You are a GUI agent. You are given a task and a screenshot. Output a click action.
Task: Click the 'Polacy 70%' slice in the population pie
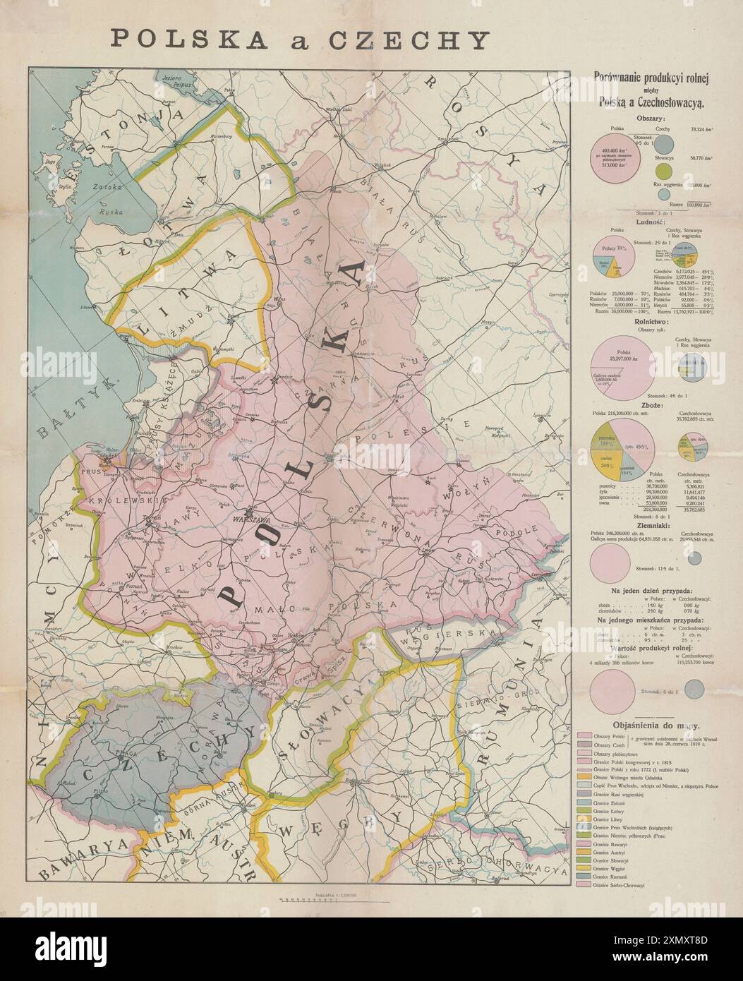pyautogui.click(x=608, y=248)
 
